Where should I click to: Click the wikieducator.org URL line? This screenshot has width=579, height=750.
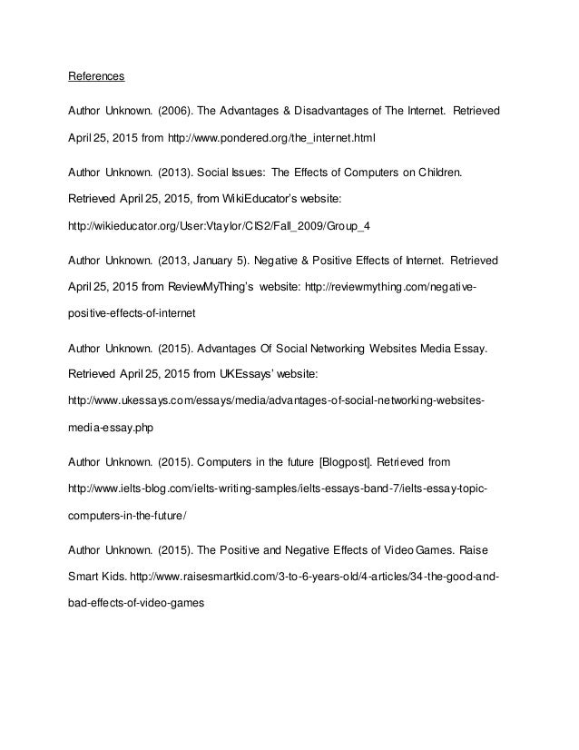coord(210,228)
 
